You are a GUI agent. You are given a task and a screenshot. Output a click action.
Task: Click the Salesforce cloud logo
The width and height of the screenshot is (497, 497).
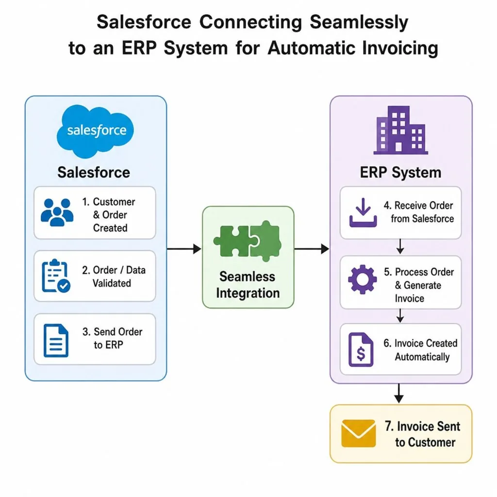click(x=95, y=131)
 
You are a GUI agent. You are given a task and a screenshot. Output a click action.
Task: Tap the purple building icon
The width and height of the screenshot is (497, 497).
click(x=400, y=130)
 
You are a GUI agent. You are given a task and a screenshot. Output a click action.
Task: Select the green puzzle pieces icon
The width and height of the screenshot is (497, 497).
click(x=248, y=241)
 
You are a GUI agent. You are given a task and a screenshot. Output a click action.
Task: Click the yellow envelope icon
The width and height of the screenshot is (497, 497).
click(x=359, y=433)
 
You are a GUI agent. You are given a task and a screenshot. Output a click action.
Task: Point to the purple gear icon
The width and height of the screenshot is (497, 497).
click(x=362, y=280)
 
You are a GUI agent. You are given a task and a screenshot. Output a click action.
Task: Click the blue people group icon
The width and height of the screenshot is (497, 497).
click(x=57, y=212)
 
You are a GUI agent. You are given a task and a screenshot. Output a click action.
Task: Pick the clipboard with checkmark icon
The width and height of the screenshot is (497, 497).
click(x=56, y=276)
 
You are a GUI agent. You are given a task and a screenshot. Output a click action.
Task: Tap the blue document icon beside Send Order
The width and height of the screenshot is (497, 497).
click(x=56, y=340)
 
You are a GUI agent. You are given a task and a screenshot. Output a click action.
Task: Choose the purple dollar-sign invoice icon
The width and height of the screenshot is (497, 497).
click(x=361, y=349)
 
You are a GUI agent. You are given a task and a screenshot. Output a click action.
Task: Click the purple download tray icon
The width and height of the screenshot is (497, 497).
click(x=363, y=213)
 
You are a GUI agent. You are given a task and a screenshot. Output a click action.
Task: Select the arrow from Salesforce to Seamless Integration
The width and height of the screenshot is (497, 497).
click(x=184, y=249)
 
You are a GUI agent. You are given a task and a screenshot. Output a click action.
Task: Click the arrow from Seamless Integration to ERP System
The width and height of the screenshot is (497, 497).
click(x=312, y=249)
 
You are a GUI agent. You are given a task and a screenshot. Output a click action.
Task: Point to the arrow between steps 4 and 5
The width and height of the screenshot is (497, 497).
click(x=400, y=247)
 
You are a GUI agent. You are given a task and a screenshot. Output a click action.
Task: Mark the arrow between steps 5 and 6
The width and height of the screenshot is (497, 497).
click(x=400, y=315)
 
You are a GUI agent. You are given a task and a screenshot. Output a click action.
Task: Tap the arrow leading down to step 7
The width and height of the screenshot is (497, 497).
click(x=399, y=393)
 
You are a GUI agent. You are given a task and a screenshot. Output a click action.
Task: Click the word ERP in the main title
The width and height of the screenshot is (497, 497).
click(x=139, y=48)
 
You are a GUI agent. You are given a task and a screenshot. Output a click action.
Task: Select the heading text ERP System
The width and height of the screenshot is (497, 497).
click(x=400, y=173)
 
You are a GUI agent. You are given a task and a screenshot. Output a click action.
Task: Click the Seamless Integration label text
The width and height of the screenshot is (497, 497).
click(x=248, y=285)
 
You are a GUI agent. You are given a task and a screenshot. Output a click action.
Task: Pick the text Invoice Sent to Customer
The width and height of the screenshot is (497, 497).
click(x=423, y=434)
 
